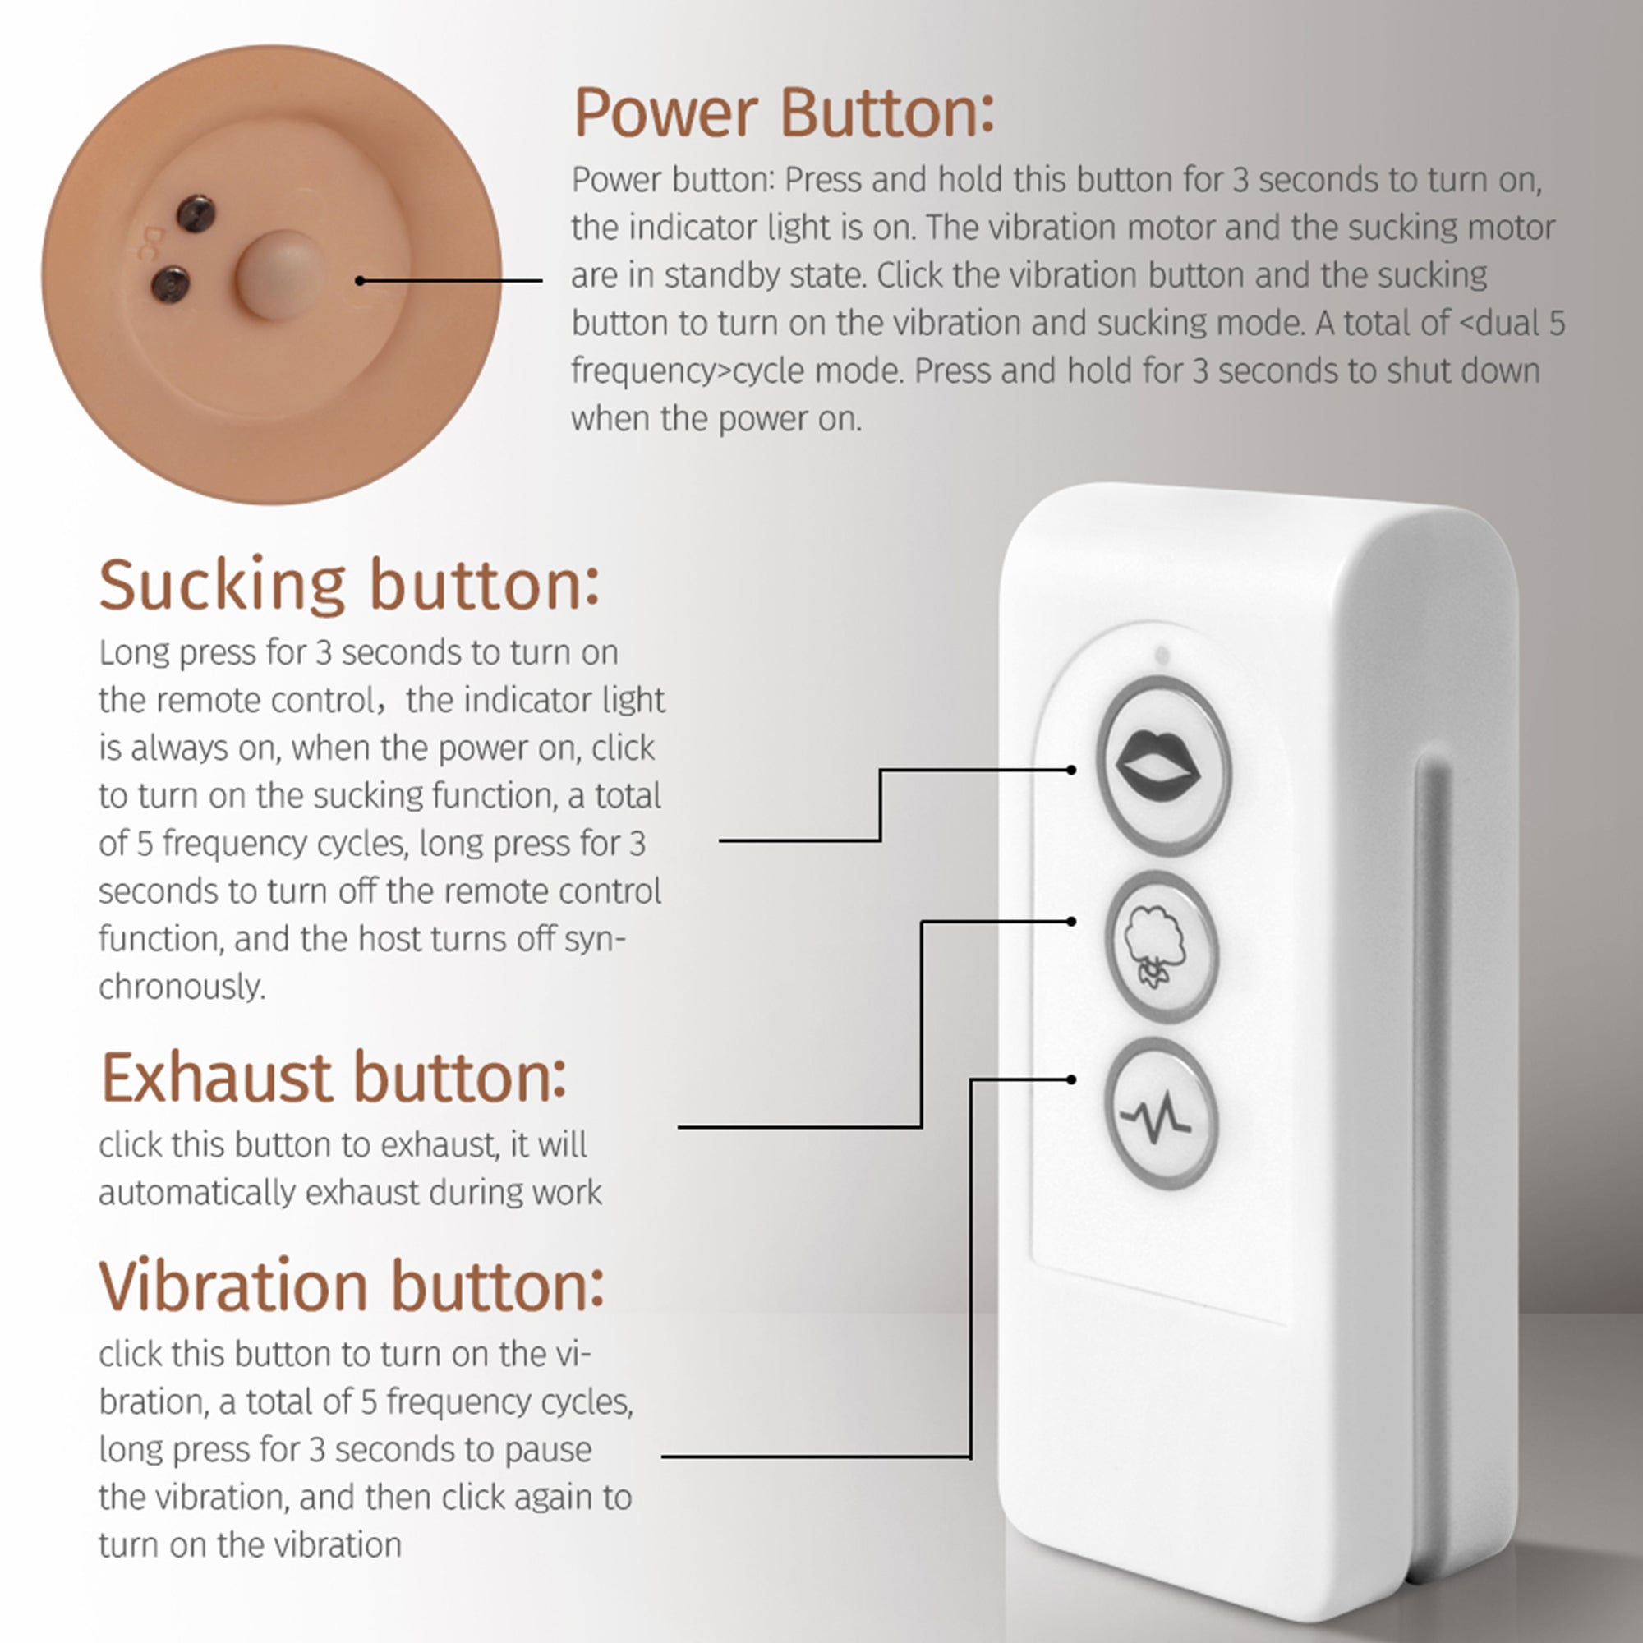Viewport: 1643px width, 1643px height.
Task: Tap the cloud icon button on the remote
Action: point(1160,945)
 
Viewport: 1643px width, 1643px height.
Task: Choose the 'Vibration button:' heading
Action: point(352,1286)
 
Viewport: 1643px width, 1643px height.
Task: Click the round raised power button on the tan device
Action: point(281,274)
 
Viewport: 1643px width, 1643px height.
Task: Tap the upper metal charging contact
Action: point(196,214)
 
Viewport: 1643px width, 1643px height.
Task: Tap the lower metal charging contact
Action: point(170,283)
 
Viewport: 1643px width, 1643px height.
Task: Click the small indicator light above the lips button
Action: point(1162,656)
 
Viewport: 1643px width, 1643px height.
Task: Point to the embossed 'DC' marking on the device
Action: point(154,243)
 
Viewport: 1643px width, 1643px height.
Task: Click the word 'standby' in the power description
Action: point(717,275)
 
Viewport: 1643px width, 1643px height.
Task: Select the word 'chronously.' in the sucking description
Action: point(182,987)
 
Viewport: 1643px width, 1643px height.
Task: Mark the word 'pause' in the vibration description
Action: point(548,1449)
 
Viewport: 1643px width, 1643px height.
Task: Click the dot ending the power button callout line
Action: point(360,281)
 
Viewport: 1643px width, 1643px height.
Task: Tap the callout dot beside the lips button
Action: point(1071,770)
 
